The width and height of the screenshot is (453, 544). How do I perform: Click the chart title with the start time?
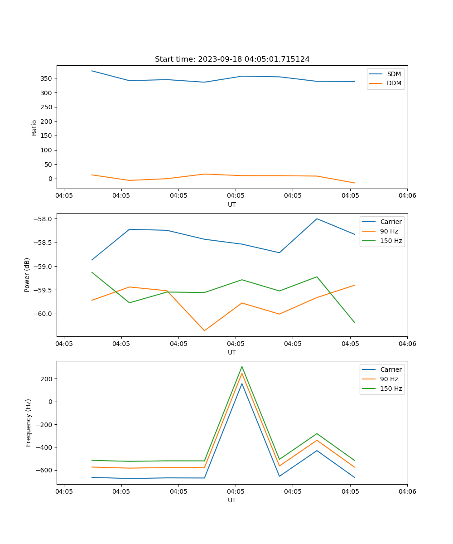(232, 59)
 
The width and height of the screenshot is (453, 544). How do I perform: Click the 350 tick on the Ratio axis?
(47, 78)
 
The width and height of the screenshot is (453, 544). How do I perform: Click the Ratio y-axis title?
(34, 127)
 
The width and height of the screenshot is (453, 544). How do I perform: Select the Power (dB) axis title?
(27, 275)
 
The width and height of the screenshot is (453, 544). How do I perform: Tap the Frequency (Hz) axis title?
(28, 423)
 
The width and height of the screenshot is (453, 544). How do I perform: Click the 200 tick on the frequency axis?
(47, 379)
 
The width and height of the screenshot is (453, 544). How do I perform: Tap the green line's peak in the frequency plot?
(242, 366)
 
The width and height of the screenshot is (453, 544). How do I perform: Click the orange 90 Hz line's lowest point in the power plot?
(204, 330)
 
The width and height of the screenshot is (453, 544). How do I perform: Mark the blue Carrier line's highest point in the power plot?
(317, 219)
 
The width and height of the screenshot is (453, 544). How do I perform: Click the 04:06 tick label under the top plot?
(407, 195)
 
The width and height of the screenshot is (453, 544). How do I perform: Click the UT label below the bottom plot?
(232, 500)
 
